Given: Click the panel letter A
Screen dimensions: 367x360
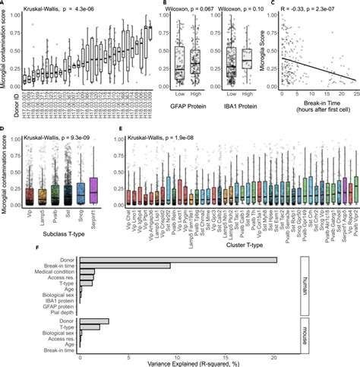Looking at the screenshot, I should (x=5, y=5).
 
